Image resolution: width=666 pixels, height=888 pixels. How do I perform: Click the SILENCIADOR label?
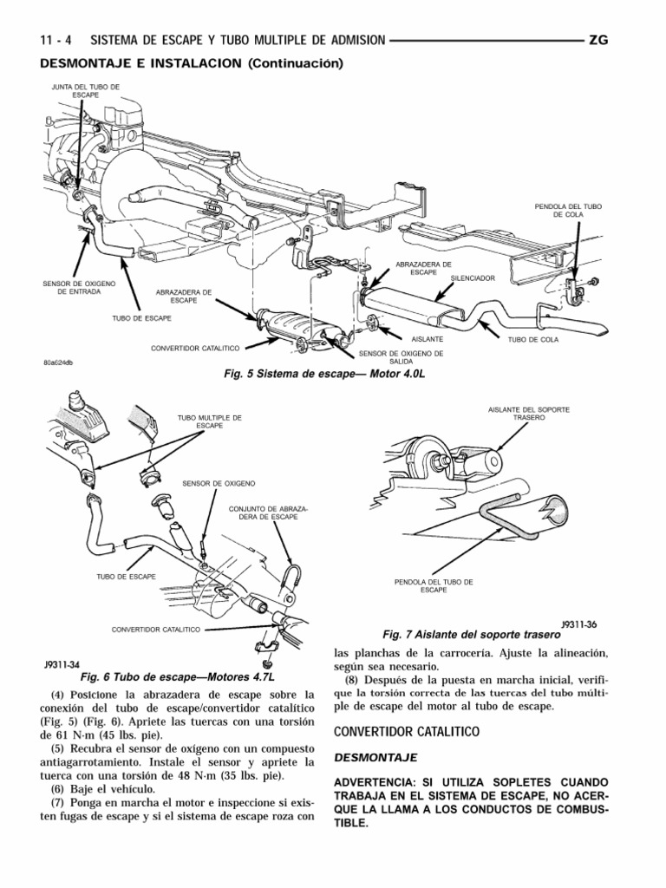pyautogui.click(x=472, y=279)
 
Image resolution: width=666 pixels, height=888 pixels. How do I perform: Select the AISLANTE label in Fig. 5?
pyautogui.click(x=428, y=339)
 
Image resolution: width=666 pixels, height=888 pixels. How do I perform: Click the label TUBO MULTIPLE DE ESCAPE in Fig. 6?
pyautogui.click(x=209, y=422)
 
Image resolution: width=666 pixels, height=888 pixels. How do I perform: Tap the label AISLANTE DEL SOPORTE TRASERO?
pyautogui.click(x=529, y=413)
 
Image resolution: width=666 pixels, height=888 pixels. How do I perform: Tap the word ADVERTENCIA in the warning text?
pyautogui.click(x=375, y=781)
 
